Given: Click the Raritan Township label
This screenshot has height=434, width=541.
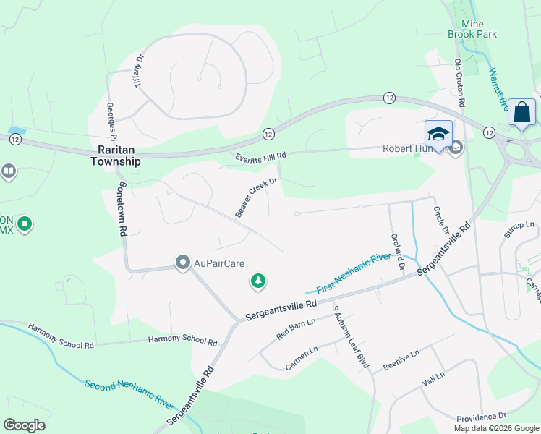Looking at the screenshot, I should tap(115, 156).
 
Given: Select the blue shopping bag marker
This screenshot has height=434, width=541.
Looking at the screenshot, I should tap(521, 114).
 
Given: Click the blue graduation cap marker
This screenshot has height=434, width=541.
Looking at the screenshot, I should tap(438, 134).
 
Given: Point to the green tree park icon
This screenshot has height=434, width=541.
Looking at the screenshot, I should tap(257, 281).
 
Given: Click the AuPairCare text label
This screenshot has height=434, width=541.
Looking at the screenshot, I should tap(219, 263).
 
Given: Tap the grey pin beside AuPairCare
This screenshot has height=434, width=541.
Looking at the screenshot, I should tap(183, 262).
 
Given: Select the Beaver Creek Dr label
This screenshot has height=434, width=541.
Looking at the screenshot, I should tap(256, 197).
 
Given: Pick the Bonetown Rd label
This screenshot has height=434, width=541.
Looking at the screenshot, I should tap(122, 209).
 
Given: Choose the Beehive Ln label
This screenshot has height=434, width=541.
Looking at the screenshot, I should tap(401, 359).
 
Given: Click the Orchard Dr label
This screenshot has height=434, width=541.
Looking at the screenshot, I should tap(396, 251).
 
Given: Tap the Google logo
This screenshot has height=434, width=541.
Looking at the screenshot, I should tap(24, 425).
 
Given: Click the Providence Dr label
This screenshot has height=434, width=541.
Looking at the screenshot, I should tap(481, 417).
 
